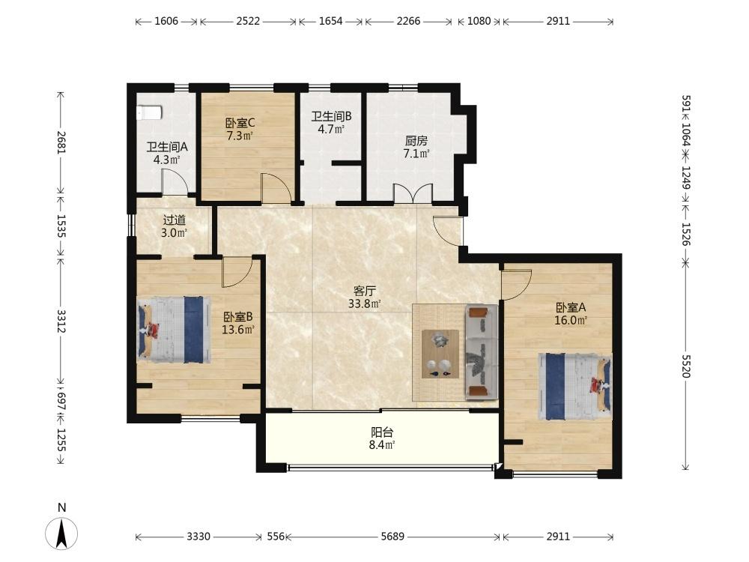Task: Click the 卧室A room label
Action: coord(570,307)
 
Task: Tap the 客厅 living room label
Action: coord(365,291)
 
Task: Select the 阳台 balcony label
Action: coord(382,432)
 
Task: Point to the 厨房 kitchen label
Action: coord(416,141)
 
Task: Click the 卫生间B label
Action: coord(332,116)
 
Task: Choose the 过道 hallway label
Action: coord(174,220)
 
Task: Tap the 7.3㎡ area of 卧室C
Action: coord(240,136)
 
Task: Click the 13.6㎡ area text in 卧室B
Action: coord(238,329)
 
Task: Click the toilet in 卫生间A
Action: coord(150,113)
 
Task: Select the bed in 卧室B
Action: coord(174,330)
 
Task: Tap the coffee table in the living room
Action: coord(440,354)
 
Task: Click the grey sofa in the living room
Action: coord(482,352)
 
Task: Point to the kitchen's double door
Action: coord(413,193)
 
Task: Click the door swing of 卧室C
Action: coord(276,187)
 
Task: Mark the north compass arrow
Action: coord(61,533)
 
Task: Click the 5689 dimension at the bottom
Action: coord(392,537)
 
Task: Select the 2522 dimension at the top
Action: coord(249,21)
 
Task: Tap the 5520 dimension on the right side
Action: coord(686,366)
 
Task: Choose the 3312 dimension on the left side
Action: coord(61,321)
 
